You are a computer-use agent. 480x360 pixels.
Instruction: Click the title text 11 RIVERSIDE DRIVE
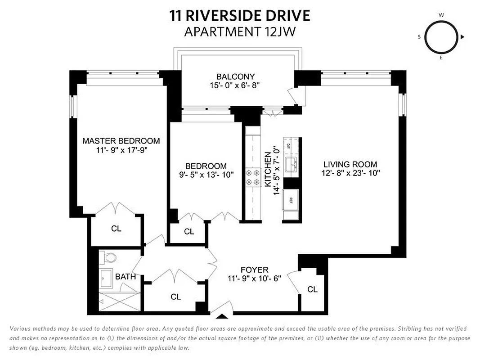tap(240, 16)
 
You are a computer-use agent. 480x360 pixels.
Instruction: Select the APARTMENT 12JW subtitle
tap(240, 31)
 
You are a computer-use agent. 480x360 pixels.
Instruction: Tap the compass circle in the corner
tap(441, 37)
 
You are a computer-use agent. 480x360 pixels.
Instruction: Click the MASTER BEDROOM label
tap(121, 141)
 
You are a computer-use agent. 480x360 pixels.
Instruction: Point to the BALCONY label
tap(235, 76)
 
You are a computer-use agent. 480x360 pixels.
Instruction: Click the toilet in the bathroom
tap(109, 258)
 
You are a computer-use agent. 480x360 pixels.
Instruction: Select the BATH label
tap(125, 276)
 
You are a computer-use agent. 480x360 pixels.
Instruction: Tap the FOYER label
tap(254, 270)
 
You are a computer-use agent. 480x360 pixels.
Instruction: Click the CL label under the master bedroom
tap(116, 229)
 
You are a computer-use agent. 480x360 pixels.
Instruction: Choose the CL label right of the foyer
tap(312, 289)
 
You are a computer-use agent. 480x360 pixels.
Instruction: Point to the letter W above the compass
tap(441, 15)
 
